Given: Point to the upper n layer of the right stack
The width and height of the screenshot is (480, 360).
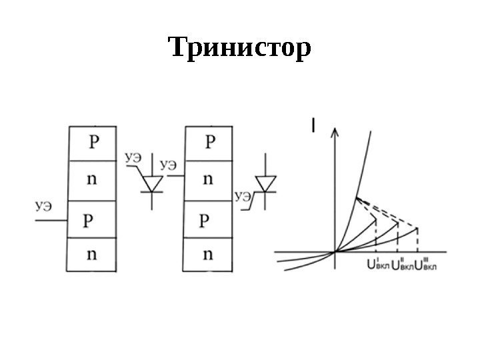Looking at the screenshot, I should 209,179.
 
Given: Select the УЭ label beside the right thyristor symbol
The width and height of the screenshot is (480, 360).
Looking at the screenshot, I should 243,196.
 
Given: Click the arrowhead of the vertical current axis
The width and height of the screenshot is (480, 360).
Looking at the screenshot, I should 335,133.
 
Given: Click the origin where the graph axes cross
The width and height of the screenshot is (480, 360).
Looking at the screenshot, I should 335,252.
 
